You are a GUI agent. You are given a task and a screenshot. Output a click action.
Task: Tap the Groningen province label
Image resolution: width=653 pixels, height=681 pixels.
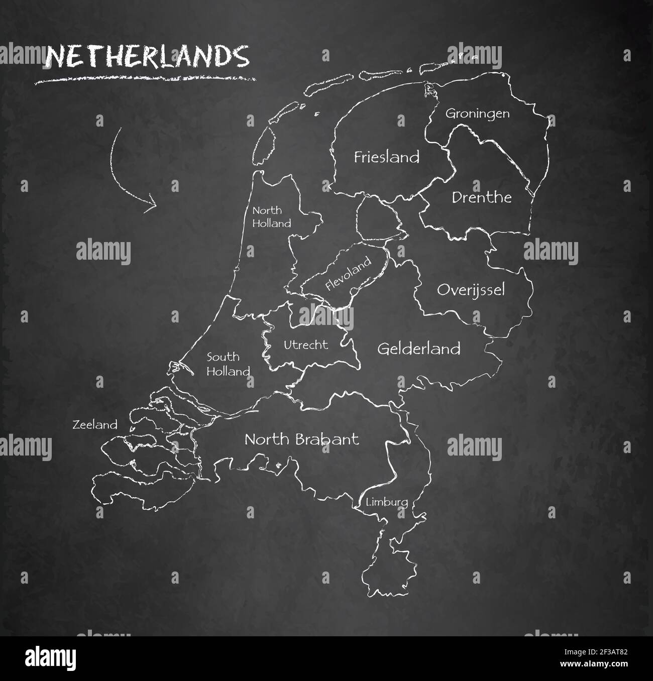pos(477,113)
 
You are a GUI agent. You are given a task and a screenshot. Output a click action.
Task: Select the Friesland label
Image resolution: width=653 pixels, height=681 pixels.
pos(386,157)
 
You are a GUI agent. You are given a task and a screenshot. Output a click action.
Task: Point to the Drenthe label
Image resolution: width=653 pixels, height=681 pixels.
pos(481,197)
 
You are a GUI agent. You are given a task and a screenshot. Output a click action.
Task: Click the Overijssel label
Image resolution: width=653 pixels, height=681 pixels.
pos(471,290)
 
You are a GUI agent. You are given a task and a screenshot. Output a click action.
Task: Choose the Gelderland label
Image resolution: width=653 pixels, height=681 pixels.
pos(418,348)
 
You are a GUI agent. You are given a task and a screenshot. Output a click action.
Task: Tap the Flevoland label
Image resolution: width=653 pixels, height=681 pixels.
pos(348,274)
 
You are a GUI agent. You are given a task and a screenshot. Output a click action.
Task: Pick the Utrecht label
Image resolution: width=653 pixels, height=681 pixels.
pos(305,345)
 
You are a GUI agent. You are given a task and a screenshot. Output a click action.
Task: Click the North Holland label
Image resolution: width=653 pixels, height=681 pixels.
pos(271,217)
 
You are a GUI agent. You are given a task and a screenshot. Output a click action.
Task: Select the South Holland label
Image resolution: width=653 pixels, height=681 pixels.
pos(228,364)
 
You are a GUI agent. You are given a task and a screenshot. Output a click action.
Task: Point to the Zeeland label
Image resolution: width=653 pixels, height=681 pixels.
pos(95,425)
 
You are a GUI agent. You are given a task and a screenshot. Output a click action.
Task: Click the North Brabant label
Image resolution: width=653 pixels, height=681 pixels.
pos(301,439)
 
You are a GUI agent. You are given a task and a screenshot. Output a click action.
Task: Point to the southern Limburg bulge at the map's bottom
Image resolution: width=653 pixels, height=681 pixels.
pos(388,562)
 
